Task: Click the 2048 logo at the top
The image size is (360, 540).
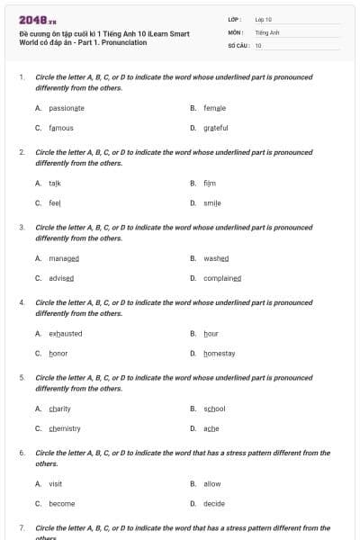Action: (x=38, y=20)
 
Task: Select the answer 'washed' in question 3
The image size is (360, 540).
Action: (x=217, y=258)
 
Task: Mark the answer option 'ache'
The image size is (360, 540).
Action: (x=211, y=428)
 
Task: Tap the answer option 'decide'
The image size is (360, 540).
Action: (x=214, y=504)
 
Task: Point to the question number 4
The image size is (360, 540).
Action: (x=22, y=303)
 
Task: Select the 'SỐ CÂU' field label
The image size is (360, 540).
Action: (x=238, y=44)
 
